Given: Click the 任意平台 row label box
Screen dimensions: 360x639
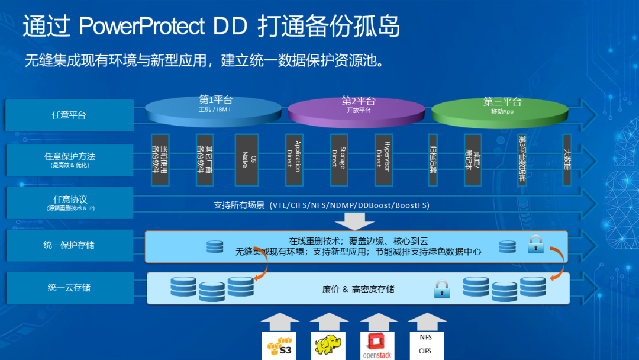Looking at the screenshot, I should [69, 115].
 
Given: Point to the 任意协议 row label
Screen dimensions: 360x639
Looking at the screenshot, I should [69, 202].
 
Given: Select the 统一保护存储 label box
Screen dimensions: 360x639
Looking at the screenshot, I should [69, 245].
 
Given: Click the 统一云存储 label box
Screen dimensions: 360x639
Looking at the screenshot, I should [69, 288].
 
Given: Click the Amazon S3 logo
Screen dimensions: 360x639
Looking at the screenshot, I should [279, 346].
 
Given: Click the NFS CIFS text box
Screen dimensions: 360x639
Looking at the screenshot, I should [426, 345].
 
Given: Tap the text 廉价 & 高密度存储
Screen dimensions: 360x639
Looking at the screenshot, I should [358, 290].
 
